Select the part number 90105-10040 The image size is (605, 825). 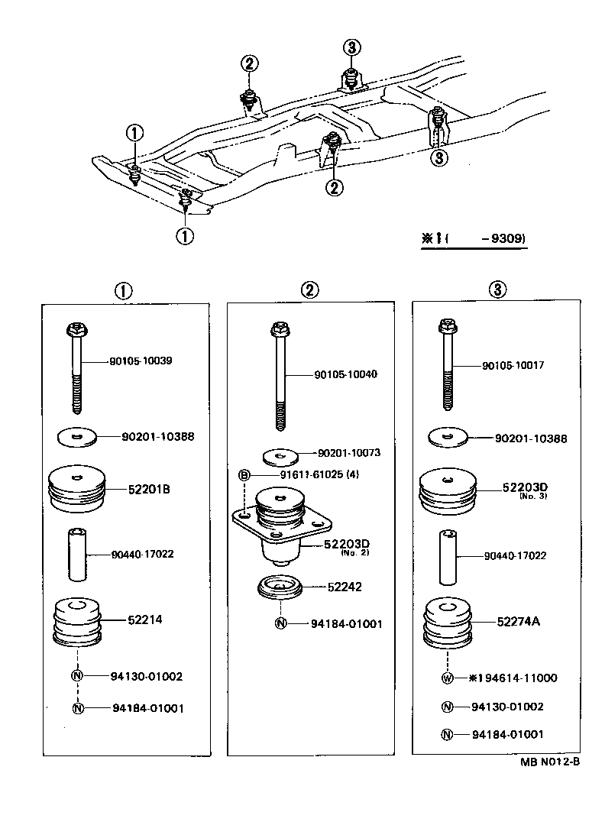345,374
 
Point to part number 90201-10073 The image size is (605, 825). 348,453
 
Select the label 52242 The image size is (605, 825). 345,587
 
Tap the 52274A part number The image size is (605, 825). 518,621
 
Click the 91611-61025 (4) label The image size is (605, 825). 319,474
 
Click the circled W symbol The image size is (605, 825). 448,678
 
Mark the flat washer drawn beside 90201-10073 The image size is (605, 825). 281,457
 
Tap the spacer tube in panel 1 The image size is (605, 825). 77,555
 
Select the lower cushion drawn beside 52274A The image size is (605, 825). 448,620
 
